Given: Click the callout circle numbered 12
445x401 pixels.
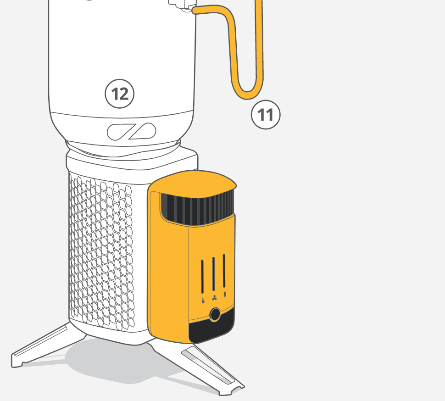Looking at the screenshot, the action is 119,94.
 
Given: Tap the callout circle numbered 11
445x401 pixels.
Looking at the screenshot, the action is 266,115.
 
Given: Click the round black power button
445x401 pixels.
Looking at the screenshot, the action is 215,314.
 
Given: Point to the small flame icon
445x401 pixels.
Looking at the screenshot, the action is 203,300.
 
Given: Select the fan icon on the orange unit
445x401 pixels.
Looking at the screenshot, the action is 214,298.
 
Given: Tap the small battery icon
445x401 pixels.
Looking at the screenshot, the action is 225,294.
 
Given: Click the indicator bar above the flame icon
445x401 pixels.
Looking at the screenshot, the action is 202,276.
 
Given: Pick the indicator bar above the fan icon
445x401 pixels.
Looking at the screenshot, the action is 213,274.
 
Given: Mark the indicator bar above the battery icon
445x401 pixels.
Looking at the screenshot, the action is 224,271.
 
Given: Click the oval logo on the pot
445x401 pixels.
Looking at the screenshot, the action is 131,132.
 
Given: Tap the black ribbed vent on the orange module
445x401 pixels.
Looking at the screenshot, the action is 198,209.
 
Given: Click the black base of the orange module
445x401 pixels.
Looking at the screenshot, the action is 211,326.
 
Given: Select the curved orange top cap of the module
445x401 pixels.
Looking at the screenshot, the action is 192,184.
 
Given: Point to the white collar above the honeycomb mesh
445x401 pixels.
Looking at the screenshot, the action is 132,160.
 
